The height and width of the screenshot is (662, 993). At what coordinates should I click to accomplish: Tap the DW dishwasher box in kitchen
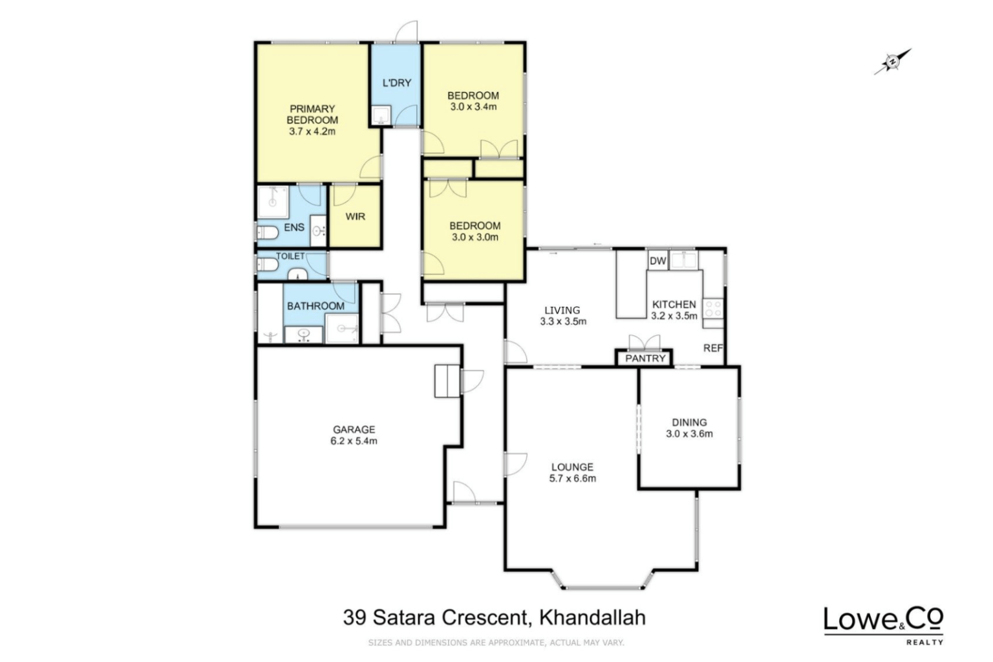tap(658, 261)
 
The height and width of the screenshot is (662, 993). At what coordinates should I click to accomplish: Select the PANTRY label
tap(645, 358)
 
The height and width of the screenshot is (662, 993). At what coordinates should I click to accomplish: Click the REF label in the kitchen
tap(713, 348)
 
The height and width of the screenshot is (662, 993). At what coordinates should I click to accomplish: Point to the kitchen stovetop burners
tap(713, 309)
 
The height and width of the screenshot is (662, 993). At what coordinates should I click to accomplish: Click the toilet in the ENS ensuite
tap(267, 232)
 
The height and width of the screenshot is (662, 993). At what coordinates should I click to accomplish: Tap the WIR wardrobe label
tap(356, 217)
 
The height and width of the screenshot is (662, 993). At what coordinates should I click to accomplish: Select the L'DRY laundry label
tap(397, 83)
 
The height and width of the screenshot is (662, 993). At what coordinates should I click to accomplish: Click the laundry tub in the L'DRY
tap(381, 115)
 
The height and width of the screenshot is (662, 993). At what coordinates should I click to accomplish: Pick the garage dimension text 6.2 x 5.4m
tap(354, 441)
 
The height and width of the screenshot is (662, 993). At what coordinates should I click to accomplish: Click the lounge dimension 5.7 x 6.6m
tap(572, 478)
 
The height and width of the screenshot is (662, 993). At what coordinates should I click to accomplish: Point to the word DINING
tap(689, 423)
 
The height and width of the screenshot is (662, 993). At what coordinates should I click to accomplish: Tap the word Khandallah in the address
tap(592, 617)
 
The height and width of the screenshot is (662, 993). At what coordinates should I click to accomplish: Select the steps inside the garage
tap(447, 381)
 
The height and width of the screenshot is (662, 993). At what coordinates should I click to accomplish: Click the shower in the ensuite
tap(273, 203)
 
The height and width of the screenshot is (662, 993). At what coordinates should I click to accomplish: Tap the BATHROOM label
tap(315, 306)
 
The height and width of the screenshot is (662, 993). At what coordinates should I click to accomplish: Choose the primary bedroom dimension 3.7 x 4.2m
tap(312, 131)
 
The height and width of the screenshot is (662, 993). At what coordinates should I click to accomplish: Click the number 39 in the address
tap(355, 617)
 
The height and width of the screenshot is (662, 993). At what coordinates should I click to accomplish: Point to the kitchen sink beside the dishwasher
tap(683, 260)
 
